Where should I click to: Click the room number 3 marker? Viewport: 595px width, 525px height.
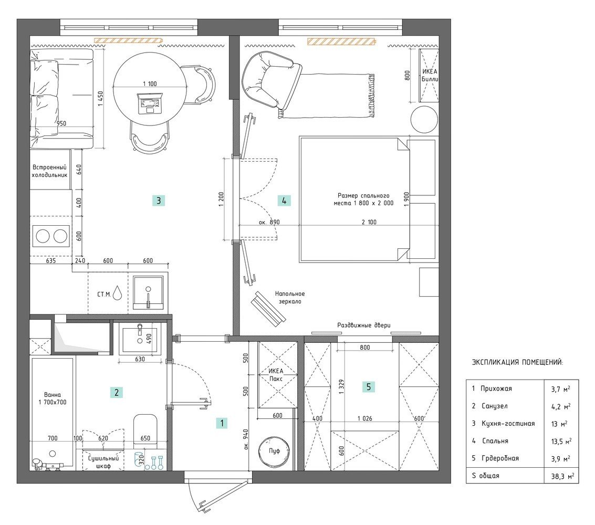[159, 201]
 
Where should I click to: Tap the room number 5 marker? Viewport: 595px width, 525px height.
[369, 387]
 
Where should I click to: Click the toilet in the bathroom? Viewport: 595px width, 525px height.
[145, 429]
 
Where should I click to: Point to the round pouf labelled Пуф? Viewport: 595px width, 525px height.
[274, 450]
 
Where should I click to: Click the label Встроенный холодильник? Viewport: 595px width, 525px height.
[49, 171]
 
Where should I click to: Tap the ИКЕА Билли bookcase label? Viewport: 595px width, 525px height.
[430, 75]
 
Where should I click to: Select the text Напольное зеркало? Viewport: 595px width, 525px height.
[290, 297]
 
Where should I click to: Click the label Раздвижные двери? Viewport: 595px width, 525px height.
[364, 325]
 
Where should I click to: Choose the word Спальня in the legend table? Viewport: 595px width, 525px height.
[495, 441]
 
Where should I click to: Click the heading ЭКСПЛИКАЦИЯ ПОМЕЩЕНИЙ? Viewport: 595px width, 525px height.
[517, 362]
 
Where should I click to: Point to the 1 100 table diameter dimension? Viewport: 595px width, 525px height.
[150, 84]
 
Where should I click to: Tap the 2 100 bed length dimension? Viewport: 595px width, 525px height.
[369, 222]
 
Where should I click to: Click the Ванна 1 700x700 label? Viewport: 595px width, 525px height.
[53, 398]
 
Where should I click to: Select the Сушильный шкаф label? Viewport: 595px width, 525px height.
[103, 462]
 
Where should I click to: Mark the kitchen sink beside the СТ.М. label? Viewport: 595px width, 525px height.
[149, 292]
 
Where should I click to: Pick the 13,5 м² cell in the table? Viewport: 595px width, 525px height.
[561, 441]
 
